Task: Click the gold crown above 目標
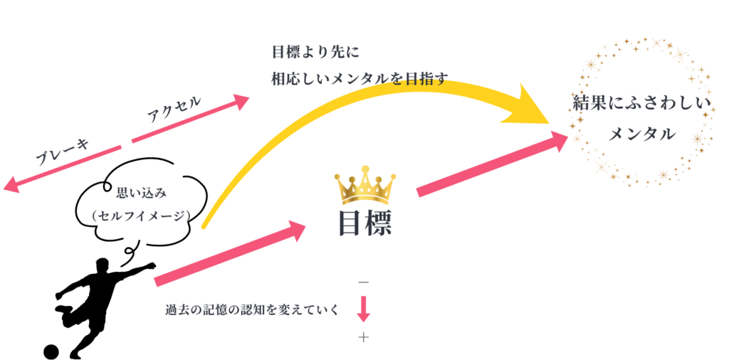367,184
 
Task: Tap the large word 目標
365,224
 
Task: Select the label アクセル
174,109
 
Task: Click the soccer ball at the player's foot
51,351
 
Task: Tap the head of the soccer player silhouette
103,265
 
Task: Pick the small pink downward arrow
364,309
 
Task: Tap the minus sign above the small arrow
364,282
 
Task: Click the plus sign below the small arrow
364,338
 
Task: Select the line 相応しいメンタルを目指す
360,78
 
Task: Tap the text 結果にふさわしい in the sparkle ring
642,104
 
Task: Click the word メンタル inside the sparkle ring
641,134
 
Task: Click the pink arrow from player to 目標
230,253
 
